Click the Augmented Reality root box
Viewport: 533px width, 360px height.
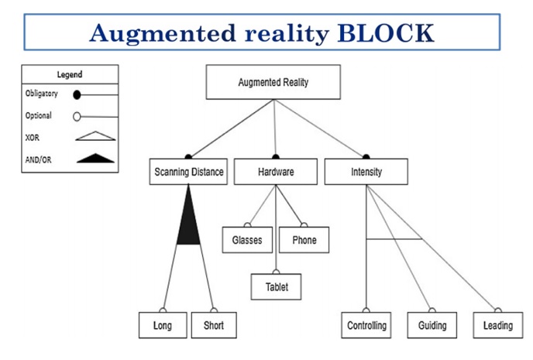[274, 81]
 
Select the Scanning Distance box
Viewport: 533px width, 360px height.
[187, 172]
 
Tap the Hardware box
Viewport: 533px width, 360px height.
[275, 172]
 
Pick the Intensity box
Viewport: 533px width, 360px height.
[366, 172]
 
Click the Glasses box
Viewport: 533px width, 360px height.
[247, 240]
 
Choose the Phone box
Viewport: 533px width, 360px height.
[304, 240]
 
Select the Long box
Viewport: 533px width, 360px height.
[163, 325]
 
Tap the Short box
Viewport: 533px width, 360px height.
[214, 325]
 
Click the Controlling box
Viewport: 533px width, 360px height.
[366, 325]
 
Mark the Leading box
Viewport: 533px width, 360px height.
[497, 325]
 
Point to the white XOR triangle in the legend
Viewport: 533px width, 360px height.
[95, 136]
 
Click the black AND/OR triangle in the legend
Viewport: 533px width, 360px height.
[95, 158]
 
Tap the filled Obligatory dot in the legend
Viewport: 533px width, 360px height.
[77, 95]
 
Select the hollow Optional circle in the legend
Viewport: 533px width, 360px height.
[77, 117]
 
